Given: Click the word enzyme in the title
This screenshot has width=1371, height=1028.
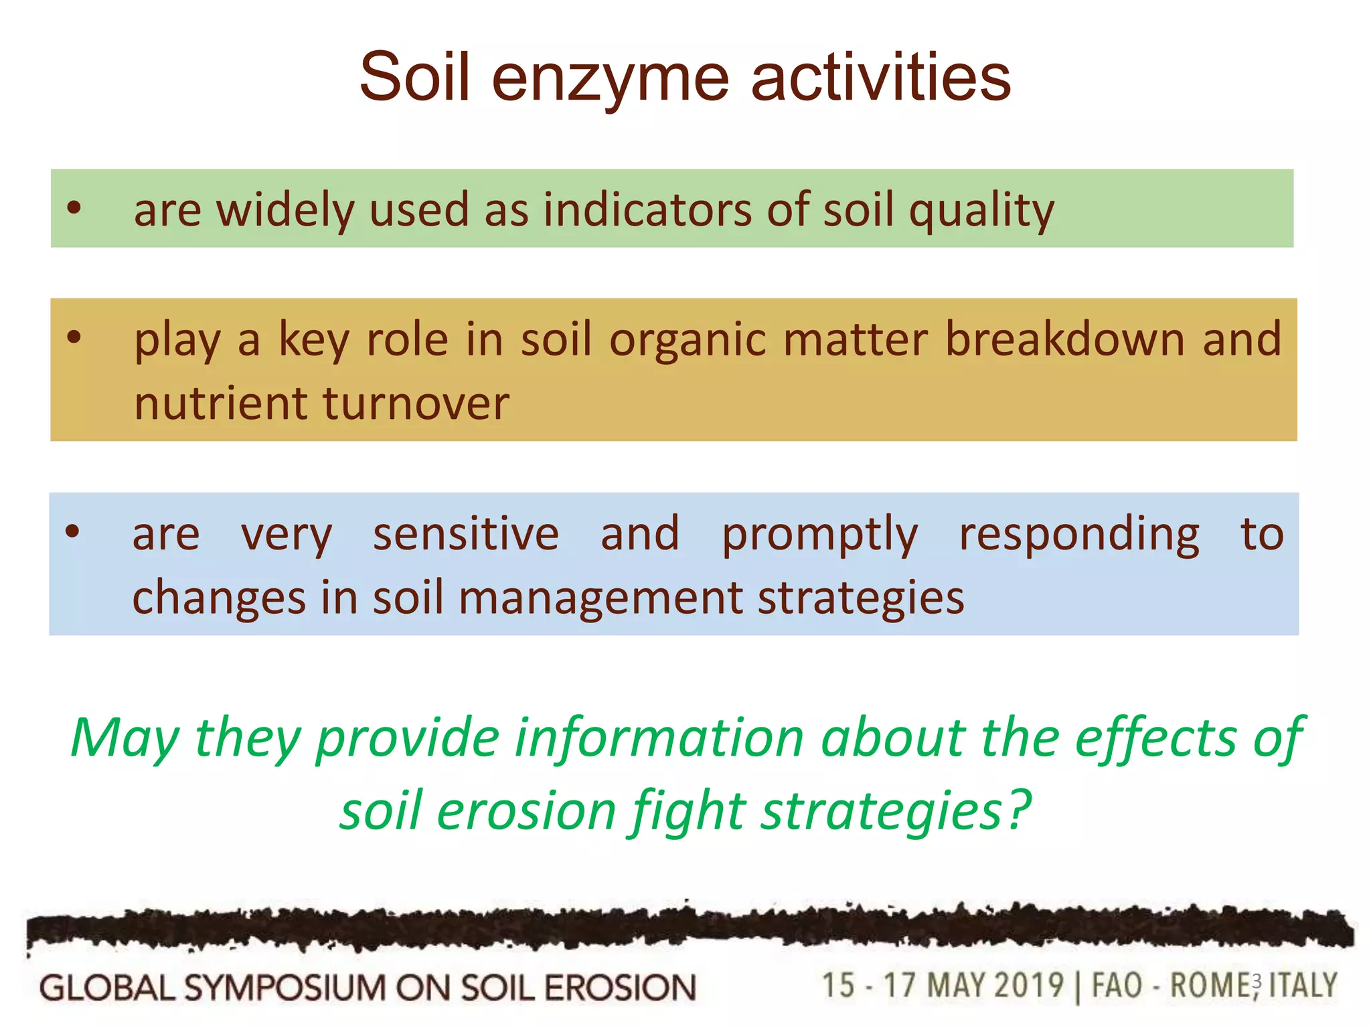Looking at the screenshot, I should pyautogui.click(x=610, y=79).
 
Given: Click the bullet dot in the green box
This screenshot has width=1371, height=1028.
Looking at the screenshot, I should pyautogui.click(x=74, y=207).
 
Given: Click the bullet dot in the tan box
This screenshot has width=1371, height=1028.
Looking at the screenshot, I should pyautogui.click(x=74, y=337).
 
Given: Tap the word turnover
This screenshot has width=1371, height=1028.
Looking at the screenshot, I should pyautogui.click(x=416, y=404).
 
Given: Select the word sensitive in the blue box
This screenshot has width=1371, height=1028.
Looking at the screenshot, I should pyautogui.click(x=466, y=533).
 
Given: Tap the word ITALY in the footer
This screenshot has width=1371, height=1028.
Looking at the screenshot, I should pyautogui.click(x=1303, y=985).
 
